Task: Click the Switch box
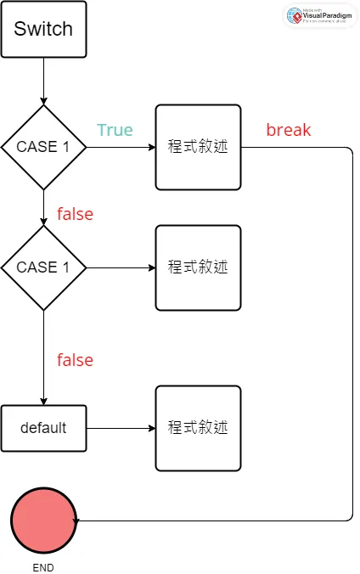click(x=43, y=29)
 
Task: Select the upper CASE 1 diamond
click(x=43, y=146)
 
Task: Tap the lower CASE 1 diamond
click(x=43, y=267)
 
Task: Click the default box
click(x=43, y=427)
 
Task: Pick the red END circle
click(x=43, y=519)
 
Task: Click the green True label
click(x=115, y=130)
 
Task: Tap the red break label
click(x=289, y=130)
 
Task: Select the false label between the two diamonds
click(x=75, y=214)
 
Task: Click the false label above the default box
click(x=75, y=360)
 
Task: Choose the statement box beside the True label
click(x=198, y=147)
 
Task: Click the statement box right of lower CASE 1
click(x=198, y=267)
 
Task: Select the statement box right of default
click(x=198, y=428)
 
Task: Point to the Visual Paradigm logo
click(x=319, y=16)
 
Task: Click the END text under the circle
click(x=42, y=566)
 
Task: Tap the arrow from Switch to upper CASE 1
click(x=43, y=81)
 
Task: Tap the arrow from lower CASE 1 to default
click(x=43, y=357)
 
